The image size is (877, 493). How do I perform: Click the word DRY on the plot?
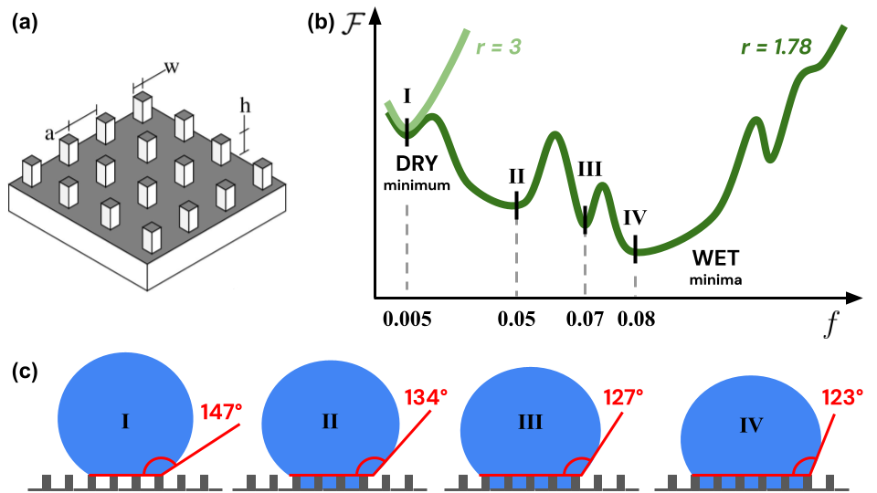tap(417, 164)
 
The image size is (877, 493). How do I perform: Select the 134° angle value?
tap(426, 398)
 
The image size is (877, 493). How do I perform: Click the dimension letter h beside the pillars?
tap(244, 105)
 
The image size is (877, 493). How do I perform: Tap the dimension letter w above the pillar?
tap(171, 67)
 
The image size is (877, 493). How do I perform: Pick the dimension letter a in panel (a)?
tap(49, 133)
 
